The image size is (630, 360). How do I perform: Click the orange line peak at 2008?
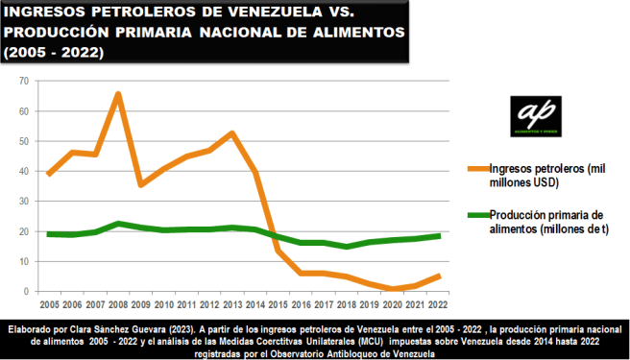click(x=117, y=94)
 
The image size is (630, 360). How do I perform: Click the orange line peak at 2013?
click(x=231, y=132)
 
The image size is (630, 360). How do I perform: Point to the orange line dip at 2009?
click(x=140, y=184)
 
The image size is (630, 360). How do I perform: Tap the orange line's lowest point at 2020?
click(x=392, y=289)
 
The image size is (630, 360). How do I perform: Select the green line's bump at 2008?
click(x=117, y=224)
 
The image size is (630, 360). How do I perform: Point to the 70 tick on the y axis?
click(x=26, y=82)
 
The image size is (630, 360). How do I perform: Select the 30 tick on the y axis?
click(x=26, y=202)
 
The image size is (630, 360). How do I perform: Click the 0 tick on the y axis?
click(x=29, y=292)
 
